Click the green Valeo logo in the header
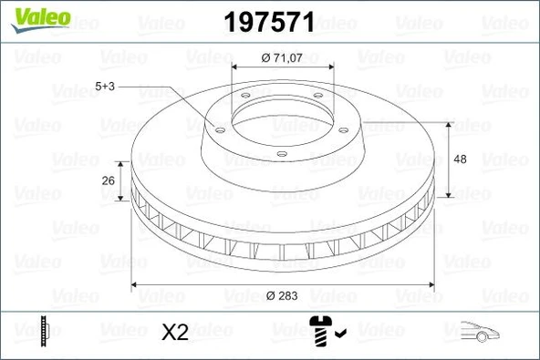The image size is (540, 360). [33, 15]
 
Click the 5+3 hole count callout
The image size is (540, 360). [106, 87]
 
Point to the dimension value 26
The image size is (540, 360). [108, 180]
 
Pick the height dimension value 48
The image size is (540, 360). [460, 159]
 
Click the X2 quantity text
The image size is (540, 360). [173, 333]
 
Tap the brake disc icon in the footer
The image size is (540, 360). [43, 332]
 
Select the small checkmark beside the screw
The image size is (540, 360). [339, 334]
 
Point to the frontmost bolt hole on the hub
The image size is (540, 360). [282, 153]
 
